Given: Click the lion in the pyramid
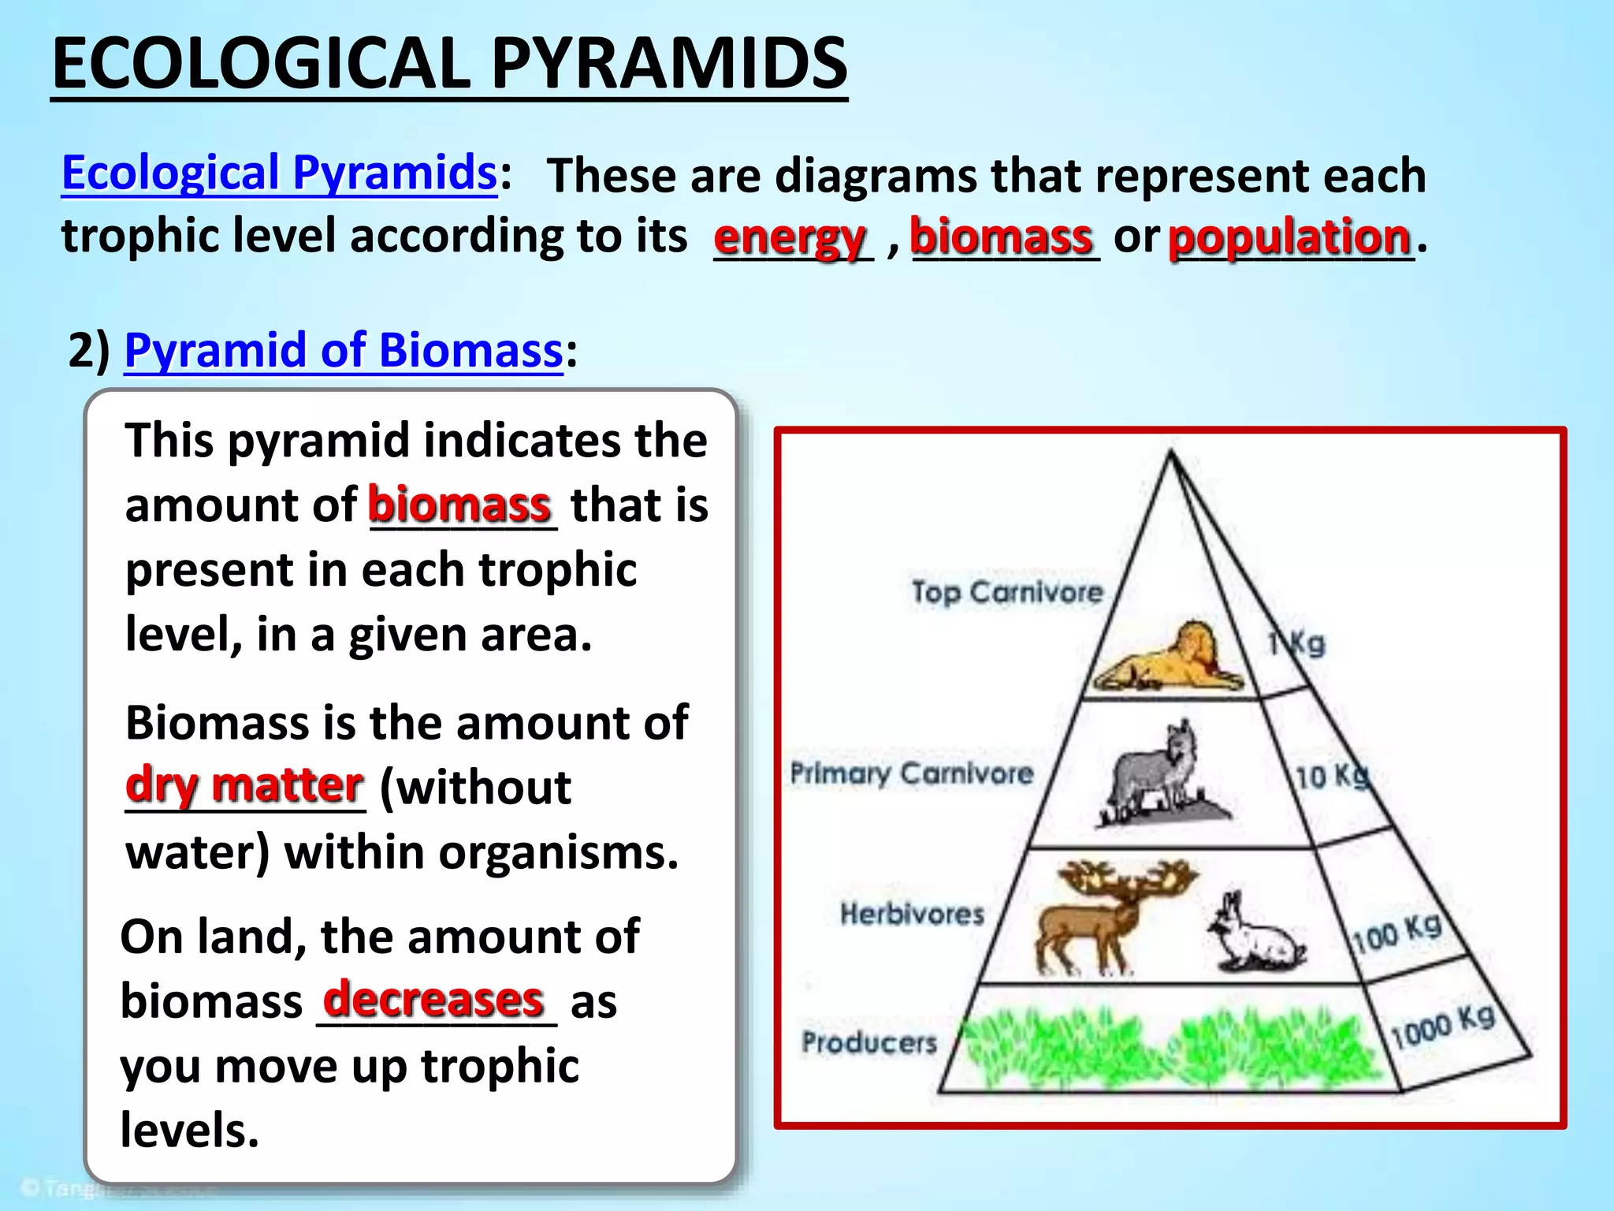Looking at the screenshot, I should tap(1170, 658).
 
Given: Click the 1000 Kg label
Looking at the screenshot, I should tap(1442, 1027).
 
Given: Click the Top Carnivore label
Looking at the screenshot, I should tap(1007, 591).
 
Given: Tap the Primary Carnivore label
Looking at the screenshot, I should tap(912, 773).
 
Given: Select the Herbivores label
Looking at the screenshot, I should tap(912, 914).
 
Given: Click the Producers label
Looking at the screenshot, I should tap(869, 1042).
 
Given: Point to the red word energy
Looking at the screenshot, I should tap(790, 237).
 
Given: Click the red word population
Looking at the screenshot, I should tap(1289, 237).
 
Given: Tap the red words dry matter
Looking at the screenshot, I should tap(244, 785).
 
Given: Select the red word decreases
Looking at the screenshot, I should tap(433, 1000).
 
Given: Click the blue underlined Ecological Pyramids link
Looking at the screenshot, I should tap(279, 173).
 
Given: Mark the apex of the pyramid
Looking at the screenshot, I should tap(1171, 453).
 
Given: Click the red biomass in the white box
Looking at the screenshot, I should tap(459, 505).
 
